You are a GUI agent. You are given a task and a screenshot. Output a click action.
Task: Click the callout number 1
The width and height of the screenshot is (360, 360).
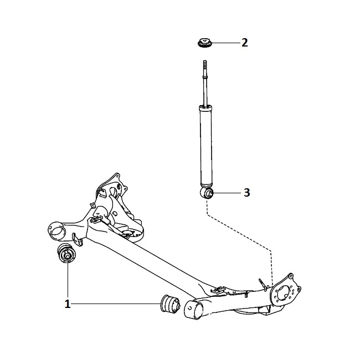coord(67,304)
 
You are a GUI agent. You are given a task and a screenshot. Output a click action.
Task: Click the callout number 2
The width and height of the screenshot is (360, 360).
coord(245,43)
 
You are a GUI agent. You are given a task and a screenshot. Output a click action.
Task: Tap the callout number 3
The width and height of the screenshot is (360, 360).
coord(247,192)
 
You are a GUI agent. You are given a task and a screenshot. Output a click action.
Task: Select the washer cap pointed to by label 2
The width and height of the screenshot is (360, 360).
coord(205,43)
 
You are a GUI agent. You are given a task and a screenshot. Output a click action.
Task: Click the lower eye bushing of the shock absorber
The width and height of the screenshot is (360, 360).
coord(207,193)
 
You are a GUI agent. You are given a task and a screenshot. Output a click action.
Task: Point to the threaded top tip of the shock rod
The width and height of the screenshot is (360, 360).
coord(205,61)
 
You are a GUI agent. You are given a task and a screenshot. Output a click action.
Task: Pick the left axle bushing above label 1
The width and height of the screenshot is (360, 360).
coord(66,253)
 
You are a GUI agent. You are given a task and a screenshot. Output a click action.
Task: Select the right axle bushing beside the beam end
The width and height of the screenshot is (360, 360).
coord(170,304)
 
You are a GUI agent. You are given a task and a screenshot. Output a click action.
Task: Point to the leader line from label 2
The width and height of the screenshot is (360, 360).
coord(226,43)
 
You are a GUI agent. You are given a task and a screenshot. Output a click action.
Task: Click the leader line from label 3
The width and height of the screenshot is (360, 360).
coord(228,193)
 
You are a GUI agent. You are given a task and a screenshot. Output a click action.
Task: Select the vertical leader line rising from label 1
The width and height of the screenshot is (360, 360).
coord(68,281)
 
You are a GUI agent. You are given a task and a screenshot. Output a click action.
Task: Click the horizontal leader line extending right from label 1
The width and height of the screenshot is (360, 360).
coord(116,304)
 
